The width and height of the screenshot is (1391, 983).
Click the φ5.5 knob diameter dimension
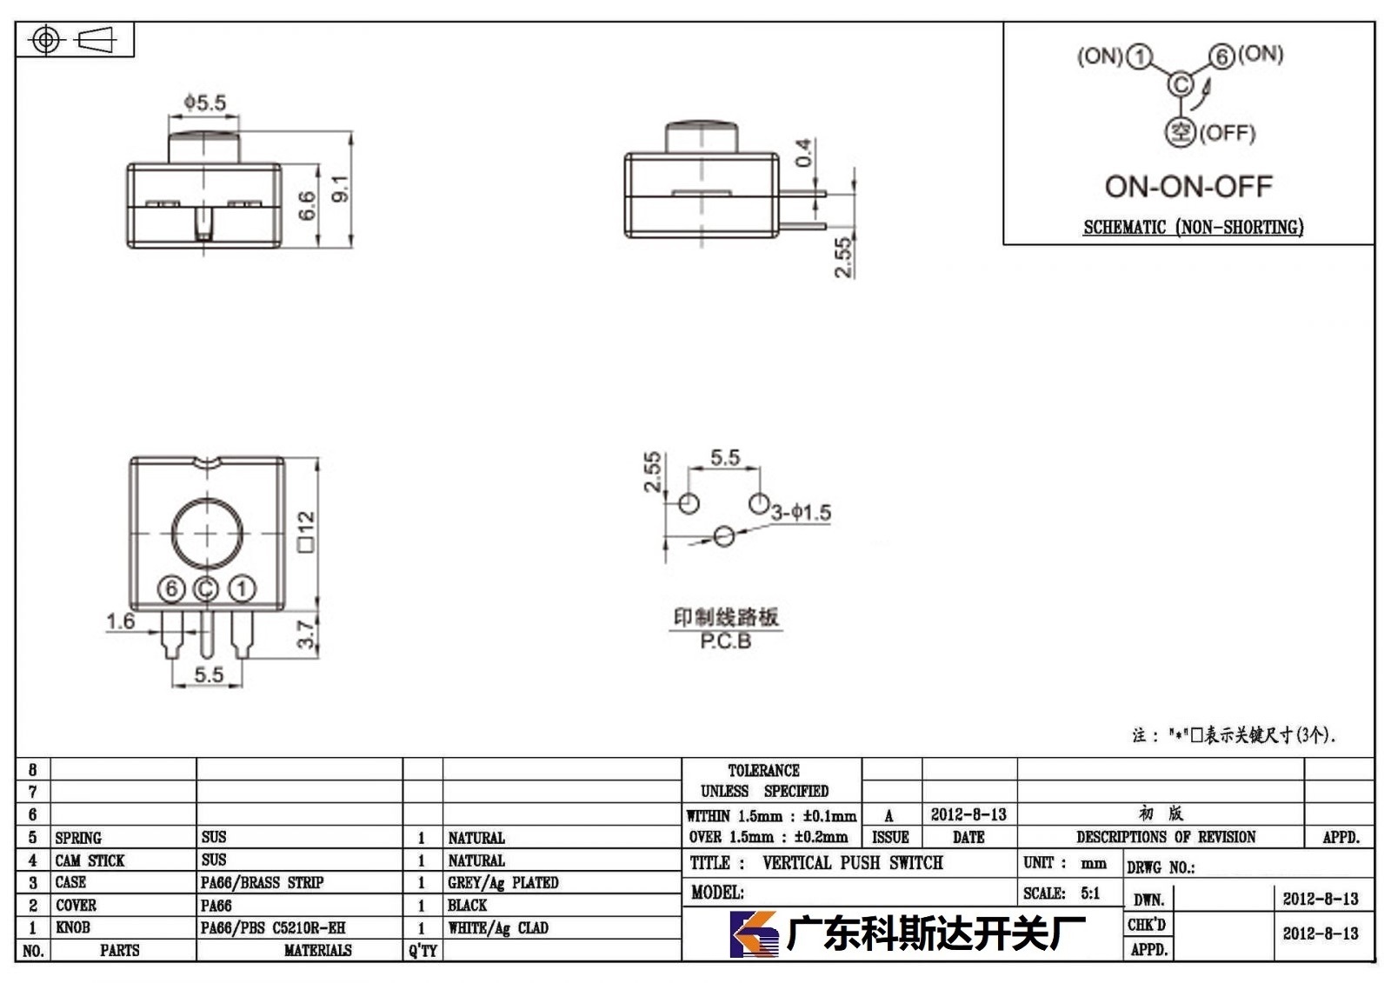click(x=205, y=102)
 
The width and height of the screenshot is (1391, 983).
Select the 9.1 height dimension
click(x=341, y=189)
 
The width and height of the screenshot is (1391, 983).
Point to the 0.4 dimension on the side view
click(x=803, y=153)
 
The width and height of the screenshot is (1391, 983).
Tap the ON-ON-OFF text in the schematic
click(x=1188, y=186)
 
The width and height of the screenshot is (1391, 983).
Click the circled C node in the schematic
click(x=1181, y=84)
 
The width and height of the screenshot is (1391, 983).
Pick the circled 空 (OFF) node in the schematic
click(x=1180, y=132)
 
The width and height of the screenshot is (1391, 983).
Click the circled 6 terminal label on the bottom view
click(x=171, y=588)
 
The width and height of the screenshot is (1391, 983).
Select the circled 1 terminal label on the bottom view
click(x=242, y=588)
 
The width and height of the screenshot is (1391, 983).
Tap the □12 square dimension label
click(x=307, y=532)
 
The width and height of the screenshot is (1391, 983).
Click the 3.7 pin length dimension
click(x=305, y=634)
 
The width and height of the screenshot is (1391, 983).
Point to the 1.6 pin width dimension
click(x=121, y=621)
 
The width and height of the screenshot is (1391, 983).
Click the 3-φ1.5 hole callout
click(x=801, y=513)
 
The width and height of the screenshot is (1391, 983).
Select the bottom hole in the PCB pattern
click(x=724, y=536)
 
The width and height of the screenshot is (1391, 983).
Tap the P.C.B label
click(x=725, y=641)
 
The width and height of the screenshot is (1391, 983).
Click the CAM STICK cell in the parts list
click(x=90, y=860)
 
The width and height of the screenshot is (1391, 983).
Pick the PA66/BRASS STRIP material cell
click(x=262, y=883)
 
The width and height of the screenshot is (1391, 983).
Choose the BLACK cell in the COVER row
click(x=467, y=906)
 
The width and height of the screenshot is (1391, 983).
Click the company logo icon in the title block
click(x=754, y=934)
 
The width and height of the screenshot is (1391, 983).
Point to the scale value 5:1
click(x=1090, y=893)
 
